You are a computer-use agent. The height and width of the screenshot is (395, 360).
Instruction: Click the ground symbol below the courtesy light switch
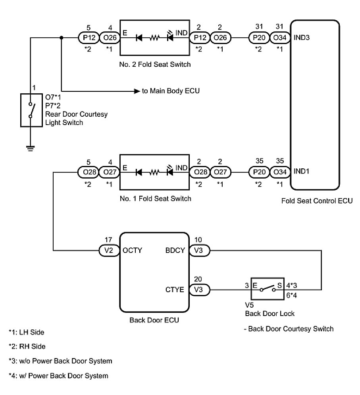30,148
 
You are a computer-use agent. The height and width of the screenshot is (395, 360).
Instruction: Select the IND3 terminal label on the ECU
302,39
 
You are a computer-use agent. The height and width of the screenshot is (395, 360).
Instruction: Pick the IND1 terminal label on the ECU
302,172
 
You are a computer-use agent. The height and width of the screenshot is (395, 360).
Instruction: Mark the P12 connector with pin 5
88,38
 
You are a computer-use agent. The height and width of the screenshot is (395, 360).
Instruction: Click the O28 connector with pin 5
88,172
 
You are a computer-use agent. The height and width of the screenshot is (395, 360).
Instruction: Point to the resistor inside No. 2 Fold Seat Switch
154,38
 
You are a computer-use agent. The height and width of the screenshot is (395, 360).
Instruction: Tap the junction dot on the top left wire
61,38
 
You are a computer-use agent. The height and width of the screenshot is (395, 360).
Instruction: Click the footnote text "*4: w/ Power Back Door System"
58,376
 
